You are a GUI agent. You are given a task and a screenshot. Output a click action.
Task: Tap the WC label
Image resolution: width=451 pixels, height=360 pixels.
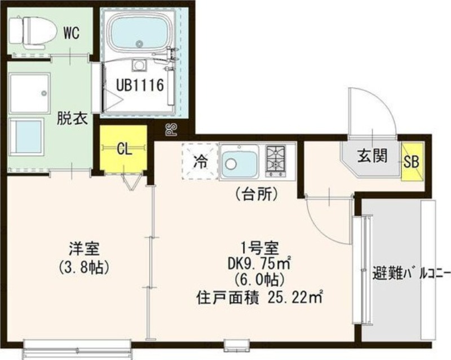[72, 33]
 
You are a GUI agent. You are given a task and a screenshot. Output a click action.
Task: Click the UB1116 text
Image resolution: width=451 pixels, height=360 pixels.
[140, 85]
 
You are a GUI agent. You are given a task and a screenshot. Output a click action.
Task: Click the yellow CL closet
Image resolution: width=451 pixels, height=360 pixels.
[123, 149]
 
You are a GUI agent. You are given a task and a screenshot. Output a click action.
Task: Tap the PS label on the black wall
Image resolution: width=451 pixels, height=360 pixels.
[170, 130]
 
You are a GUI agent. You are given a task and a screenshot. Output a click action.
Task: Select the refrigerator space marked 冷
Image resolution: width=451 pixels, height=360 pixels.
[200, 161]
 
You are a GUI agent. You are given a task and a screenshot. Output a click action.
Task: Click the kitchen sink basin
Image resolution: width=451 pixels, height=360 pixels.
[239, 162]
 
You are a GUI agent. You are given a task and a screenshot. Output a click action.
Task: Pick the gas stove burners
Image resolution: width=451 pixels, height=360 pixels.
[276, 161]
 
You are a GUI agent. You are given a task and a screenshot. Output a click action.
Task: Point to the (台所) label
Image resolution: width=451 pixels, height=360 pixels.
[256, 195]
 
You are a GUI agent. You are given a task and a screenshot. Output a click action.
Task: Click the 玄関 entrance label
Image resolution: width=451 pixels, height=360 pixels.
[373, 156]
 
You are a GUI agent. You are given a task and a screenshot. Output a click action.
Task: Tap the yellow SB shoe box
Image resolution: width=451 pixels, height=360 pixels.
[412, 161]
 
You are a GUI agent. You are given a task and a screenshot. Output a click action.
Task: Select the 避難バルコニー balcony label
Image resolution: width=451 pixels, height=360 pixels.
[412, 273]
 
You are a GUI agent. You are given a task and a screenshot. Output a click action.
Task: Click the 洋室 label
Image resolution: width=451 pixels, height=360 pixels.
[84, 249]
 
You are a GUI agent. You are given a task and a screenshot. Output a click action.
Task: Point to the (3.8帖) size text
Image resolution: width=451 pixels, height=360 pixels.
[84, 268]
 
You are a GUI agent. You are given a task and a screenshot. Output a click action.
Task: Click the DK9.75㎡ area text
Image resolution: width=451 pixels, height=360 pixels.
[259, 264]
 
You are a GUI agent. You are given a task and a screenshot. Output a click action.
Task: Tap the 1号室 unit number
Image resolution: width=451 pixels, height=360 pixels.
[260, 248]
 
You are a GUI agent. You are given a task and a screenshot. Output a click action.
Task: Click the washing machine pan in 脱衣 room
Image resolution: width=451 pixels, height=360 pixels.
[29, 94]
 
